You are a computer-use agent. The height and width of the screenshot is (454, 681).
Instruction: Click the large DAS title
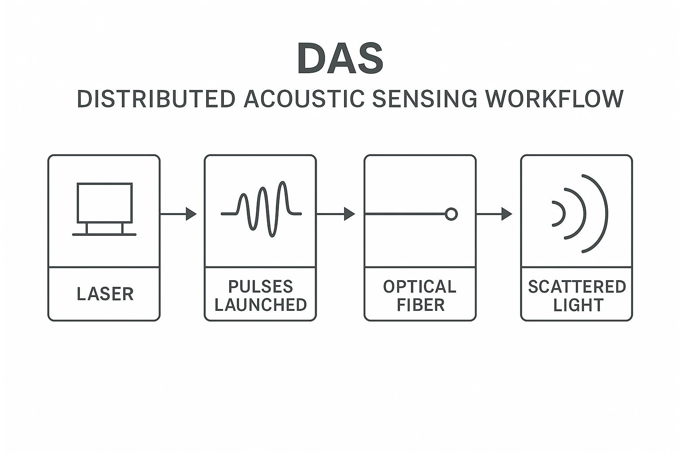coord(340,58)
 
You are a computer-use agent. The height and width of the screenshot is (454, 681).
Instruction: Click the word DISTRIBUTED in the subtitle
coord(156,99)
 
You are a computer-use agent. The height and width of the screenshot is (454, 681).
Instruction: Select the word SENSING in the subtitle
coord(425,99)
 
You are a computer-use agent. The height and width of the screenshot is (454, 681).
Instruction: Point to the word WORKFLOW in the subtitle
coord(555,99)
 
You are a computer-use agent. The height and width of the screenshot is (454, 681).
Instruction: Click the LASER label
coord(105,294)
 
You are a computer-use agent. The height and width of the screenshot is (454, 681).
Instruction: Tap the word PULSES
coord(260,286)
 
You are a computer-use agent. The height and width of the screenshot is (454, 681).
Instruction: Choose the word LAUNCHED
coord(260,305)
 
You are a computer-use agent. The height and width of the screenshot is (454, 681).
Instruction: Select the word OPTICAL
coord(419,286)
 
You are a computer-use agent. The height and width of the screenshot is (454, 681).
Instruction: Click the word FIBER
coord(420,305)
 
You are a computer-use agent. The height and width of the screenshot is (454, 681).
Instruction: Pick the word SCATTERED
coord(577,286)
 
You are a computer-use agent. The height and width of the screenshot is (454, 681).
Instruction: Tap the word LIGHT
coord(578,305)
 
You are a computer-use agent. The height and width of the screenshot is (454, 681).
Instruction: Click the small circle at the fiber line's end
coord(451,214)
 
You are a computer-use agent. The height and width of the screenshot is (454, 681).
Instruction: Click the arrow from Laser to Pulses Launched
coord(178,214)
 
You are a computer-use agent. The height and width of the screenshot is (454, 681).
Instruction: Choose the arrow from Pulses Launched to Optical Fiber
coord(336,214)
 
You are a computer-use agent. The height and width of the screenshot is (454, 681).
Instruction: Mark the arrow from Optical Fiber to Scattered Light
coord(494,214)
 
